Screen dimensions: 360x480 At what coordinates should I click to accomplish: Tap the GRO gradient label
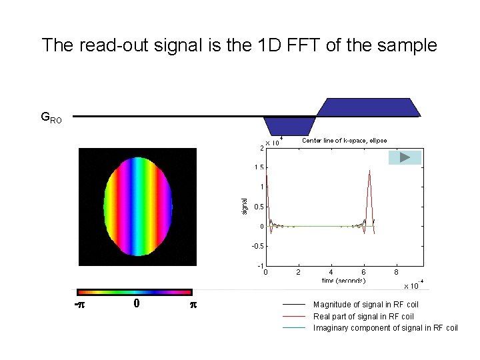point(51,118)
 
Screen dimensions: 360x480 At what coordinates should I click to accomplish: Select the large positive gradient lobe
point(369,107)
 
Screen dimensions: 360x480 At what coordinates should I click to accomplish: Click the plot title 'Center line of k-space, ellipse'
point(344,141)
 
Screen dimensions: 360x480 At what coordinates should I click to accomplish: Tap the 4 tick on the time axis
point(331,272)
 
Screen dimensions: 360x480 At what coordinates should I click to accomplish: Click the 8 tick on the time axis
point(396,272)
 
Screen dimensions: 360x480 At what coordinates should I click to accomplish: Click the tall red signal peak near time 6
point(369,175)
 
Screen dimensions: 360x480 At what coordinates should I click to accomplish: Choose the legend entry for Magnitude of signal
point(366,305)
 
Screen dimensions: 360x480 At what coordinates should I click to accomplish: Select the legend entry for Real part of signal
point(363,317)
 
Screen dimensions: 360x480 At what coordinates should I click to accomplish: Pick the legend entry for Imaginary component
point(385,328)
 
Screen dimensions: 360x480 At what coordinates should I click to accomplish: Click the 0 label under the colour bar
point(135,303)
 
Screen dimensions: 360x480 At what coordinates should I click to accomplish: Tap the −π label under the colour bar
point(81,305)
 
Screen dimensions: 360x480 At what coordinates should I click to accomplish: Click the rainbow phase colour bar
point(135,291)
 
